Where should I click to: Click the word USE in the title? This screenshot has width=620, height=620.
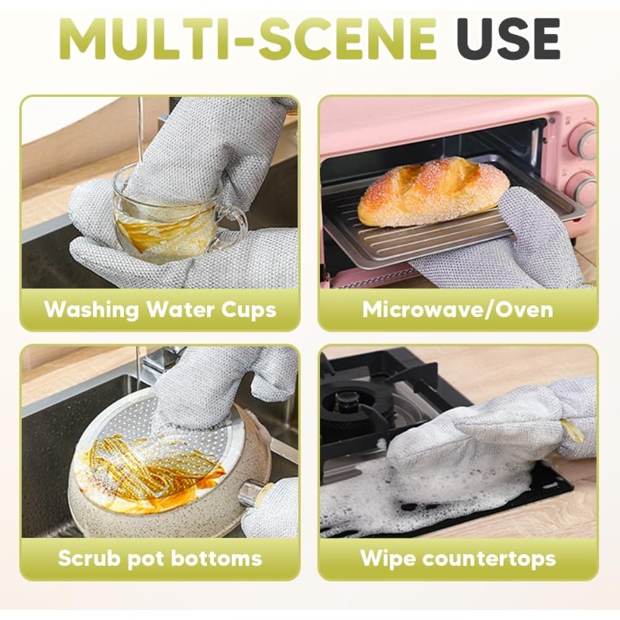(x=508, y=39)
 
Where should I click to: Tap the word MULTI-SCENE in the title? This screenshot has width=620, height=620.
(x=247, y=39)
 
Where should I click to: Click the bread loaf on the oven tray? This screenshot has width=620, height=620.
(x=433, y=191)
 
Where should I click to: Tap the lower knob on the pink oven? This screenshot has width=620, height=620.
(x=583, y=190)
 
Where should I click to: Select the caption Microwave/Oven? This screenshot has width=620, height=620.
(x=457, y=309)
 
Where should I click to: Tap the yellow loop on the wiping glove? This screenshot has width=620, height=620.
(x=572, y=430)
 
